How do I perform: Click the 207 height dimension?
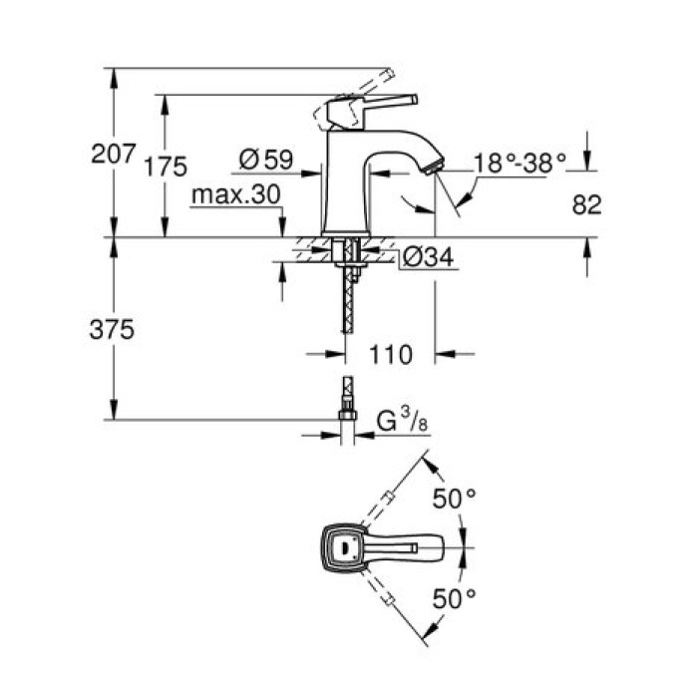point(112,155)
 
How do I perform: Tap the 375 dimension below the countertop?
point(112,329)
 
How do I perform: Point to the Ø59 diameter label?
point(264,158)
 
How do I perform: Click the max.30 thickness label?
point(235,194)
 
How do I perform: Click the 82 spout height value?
point(589,204)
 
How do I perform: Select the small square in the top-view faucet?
point(347,546)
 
